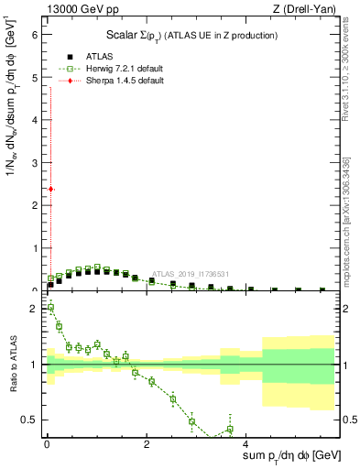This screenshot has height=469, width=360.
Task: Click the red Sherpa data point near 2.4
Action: (x=50, y=189)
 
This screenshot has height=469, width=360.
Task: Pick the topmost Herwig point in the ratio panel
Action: (x=50, y=307)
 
